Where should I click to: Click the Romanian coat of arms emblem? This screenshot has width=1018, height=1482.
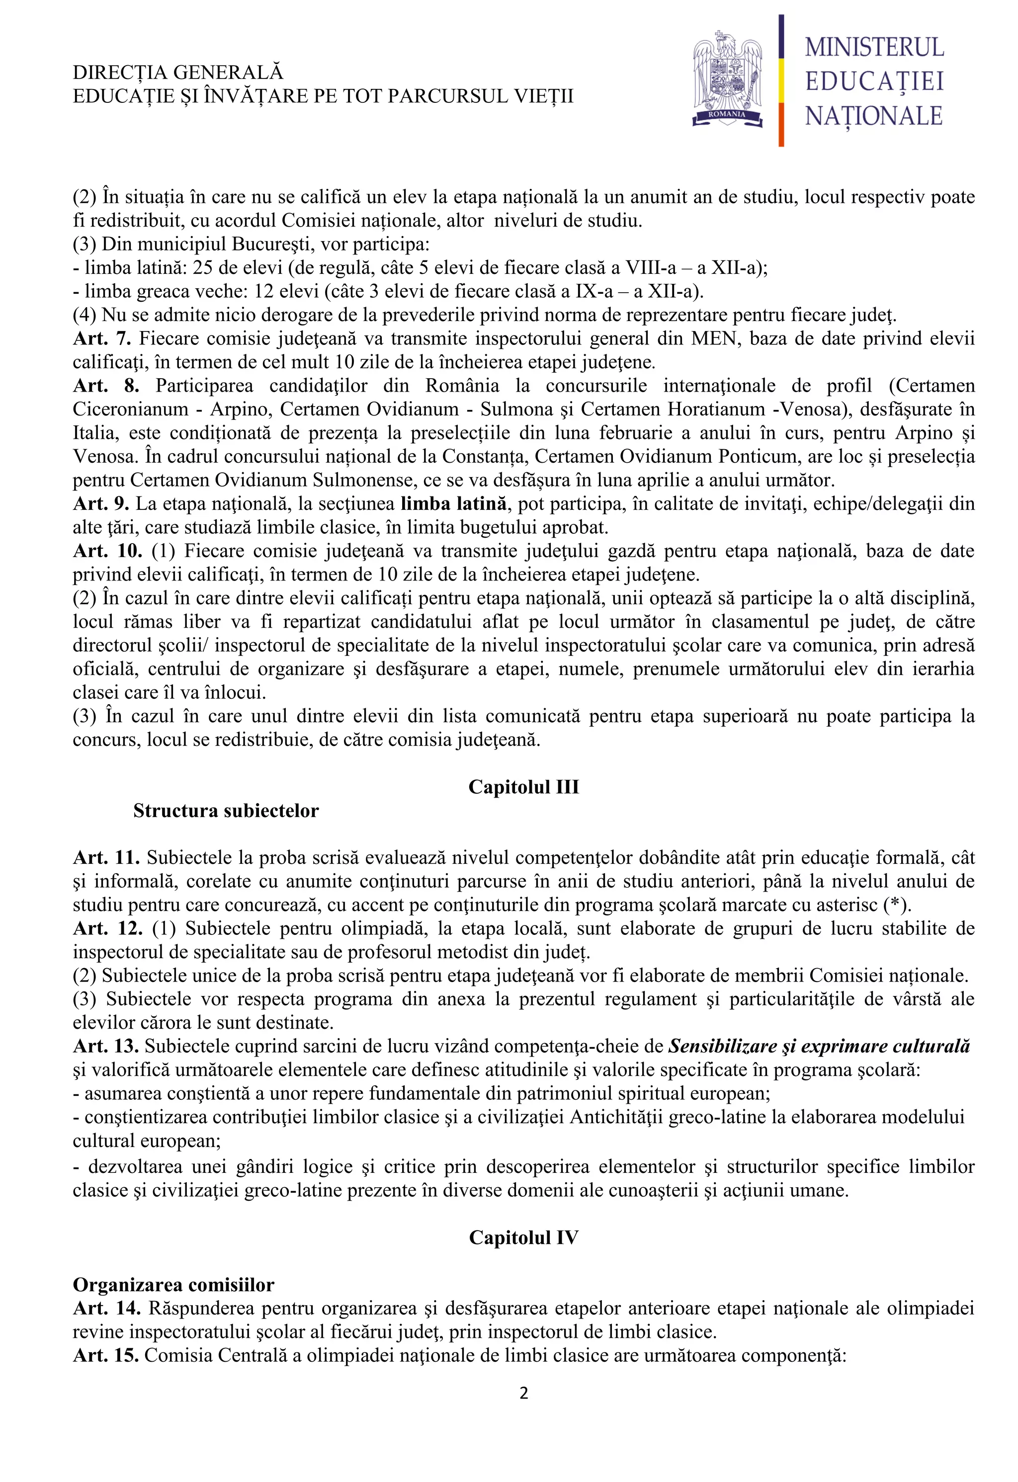[x=728, y=80]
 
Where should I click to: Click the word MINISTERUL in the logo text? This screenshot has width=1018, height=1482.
[x=874, y=48]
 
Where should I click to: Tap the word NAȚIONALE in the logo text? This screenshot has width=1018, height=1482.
[x=874, y=117]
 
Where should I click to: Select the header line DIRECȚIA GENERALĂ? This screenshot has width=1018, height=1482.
[x=178, y=72]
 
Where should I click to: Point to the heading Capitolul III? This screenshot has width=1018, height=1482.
[x=524, y=787]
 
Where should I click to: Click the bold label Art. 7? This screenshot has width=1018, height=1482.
[x=101, y=338]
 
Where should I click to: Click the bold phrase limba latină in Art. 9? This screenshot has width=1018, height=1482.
[x=453, y=504]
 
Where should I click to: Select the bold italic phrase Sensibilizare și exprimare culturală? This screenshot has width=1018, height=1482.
[x=819, y=1047]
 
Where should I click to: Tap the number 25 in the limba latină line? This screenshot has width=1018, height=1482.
[x=203, y=268]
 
